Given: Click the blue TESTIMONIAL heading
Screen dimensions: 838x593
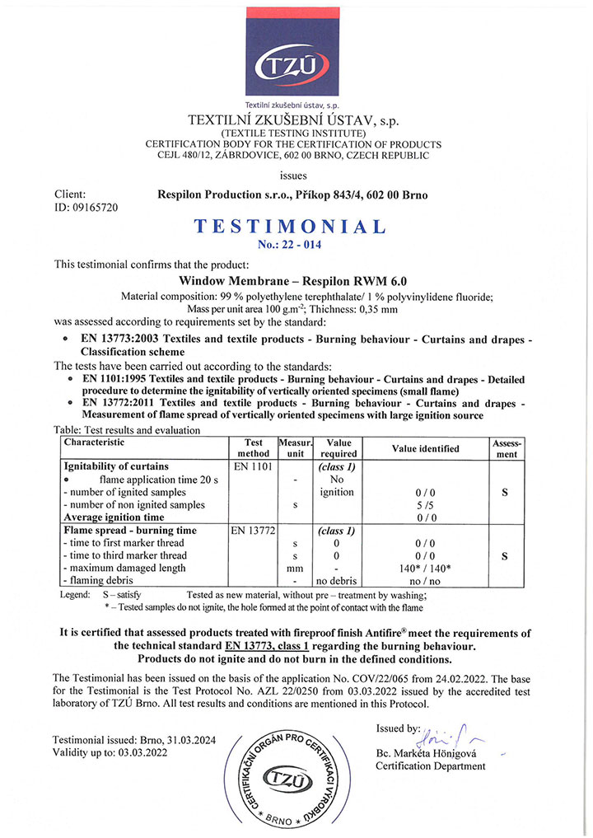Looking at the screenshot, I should point(289,227).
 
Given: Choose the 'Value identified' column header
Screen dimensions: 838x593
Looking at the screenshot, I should point(426,448).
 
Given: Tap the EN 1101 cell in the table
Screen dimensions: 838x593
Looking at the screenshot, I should point(248,467).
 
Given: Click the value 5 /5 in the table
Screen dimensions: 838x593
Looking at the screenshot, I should point(425,505).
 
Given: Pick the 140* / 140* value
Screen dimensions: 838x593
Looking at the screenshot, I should point(425,569).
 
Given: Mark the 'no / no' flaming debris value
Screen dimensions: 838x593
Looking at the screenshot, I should point(425,581).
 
